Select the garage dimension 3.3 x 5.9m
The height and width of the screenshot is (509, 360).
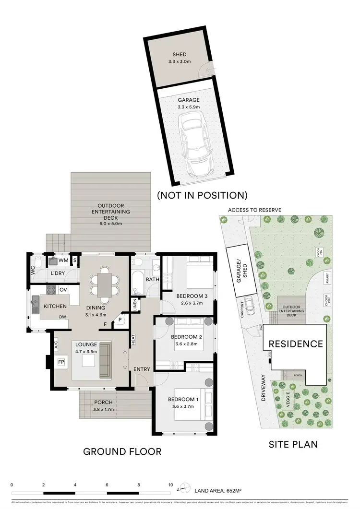(x=189, y=107)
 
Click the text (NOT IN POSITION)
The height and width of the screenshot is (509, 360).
(x=202, y=195)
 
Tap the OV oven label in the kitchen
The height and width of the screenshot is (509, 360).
(x=63, y=290)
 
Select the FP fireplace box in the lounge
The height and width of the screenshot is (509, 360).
(x=61, y=362)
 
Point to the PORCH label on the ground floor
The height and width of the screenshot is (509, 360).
(x=104, y=402)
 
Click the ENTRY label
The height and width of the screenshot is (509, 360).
(x=142, y=369)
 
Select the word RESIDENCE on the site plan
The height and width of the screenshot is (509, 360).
(x=295, y=344)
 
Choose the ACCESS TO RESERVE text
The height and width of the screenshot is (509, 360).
(x=254, y=210)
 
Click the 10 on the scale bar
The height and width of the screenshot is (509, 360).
(x=170, y=485)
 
